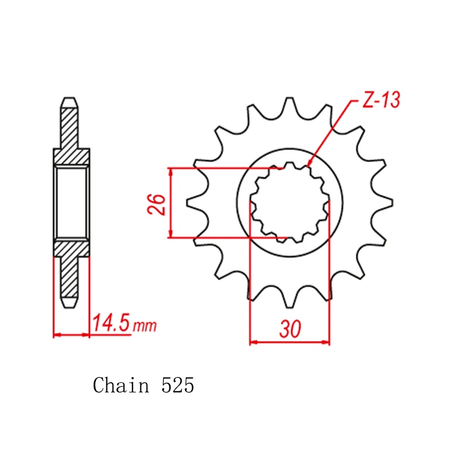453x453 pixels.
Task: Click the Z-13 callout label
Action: point(381,100)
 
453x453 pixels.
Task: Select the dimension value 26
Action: point(156,204)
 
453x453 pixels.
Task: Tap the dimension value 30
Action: point(290,329)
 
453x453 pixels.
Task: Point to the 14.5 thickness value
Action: point(111,322)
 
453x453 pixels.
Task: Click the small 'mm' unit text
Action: point(145,326)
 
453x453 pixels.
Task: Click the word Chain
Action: point(121,385)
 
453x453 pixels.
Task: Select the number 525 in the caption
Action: point(178,385)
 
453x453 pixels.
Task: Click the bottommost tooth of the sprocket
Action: point(289,298)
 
